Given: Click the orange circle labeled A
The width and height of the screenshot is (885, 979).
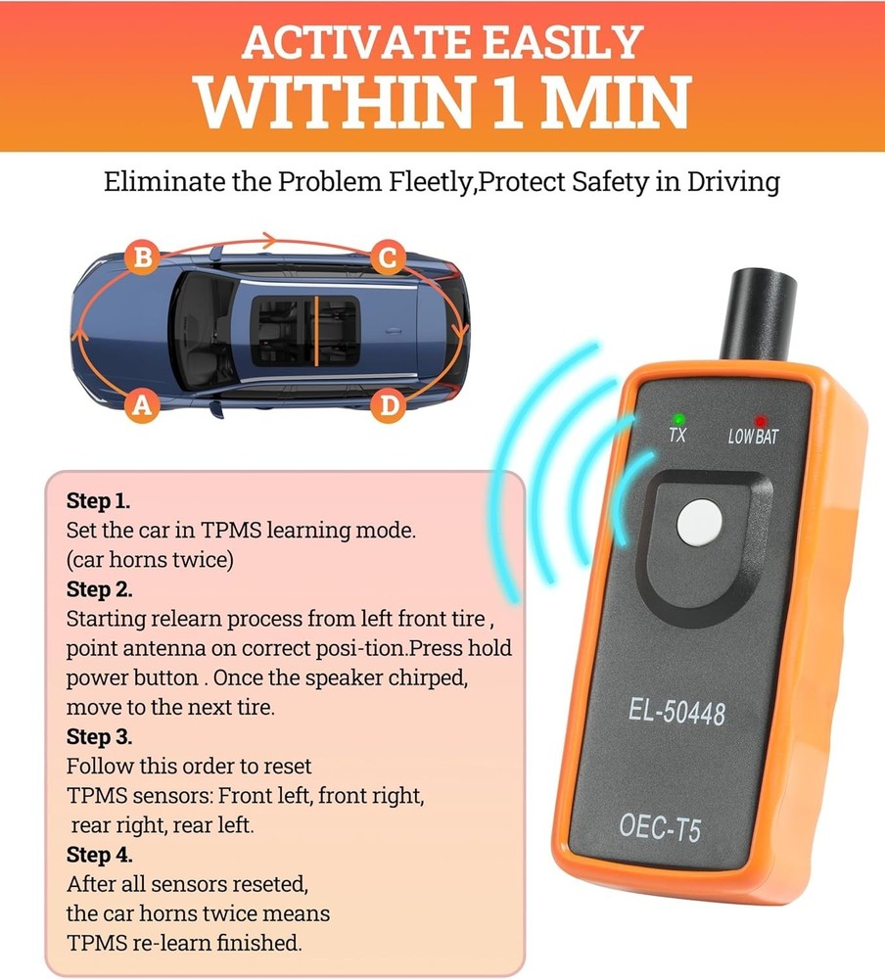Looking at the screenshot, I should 143,405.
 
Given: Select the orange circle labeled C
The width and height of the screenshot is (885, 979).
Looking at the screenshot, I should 389,259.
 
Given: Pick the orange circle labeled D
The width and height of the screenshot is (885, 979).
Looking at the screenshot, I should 390,405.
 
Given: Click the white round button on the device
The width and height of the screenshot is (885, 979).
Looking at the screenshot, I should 698,523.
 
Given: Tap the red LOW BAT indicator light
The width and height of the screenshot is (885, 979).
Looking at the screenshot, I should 760,421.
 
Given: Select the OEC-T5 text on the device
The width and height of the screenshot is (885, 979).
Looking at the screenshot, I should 660,829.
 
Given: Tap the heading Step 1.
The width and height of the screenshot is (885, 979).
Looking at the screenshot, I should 98,501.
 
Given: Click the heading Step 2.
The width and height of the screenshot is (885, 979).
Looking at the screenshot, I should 99,589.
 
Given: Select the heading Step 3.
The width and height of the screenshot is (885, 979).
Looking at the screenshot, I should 99,736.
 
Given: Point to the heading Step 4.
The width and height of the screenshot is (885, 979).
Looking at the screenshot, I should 99,855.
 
